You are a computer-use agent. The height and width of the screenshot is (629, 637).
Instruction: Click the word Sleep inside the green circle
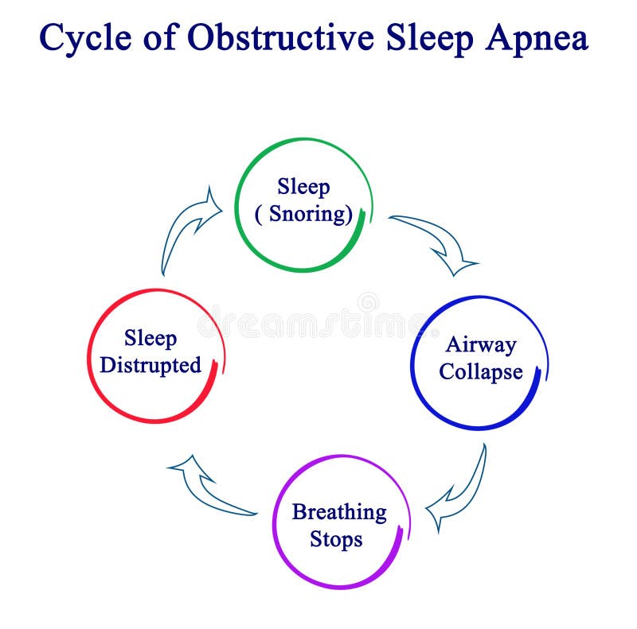pyautogui.click(x=303, y=188)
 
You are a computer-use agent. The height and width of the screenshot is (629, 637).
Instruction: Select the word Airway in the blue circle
pyautogui.click(x=481, y=344)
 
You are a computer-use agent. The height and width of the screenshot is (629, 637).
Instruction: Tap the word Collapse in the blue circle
pyautogui.click(x=481, y=371)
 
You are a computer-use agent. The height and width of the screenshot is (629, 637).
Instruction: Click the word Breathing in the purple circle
pyautogui.click(x=339, y=512)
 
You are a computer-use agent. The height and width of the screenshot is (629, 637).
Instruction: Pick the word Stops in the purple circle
pyautogui.click(x=336, y=539)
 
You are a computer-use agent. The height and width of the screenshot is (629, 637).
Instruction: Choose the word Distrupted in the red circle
pyautogui.click(x=150, y=366)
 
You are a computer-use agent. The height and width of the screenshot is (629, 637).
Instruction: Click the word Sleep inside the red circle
pyautogui.click(x=150, y=339)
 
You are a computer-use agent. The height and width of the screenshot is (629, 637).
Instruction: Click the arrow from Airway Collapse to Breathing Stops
pyautogui.click(x=459, y=489)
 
